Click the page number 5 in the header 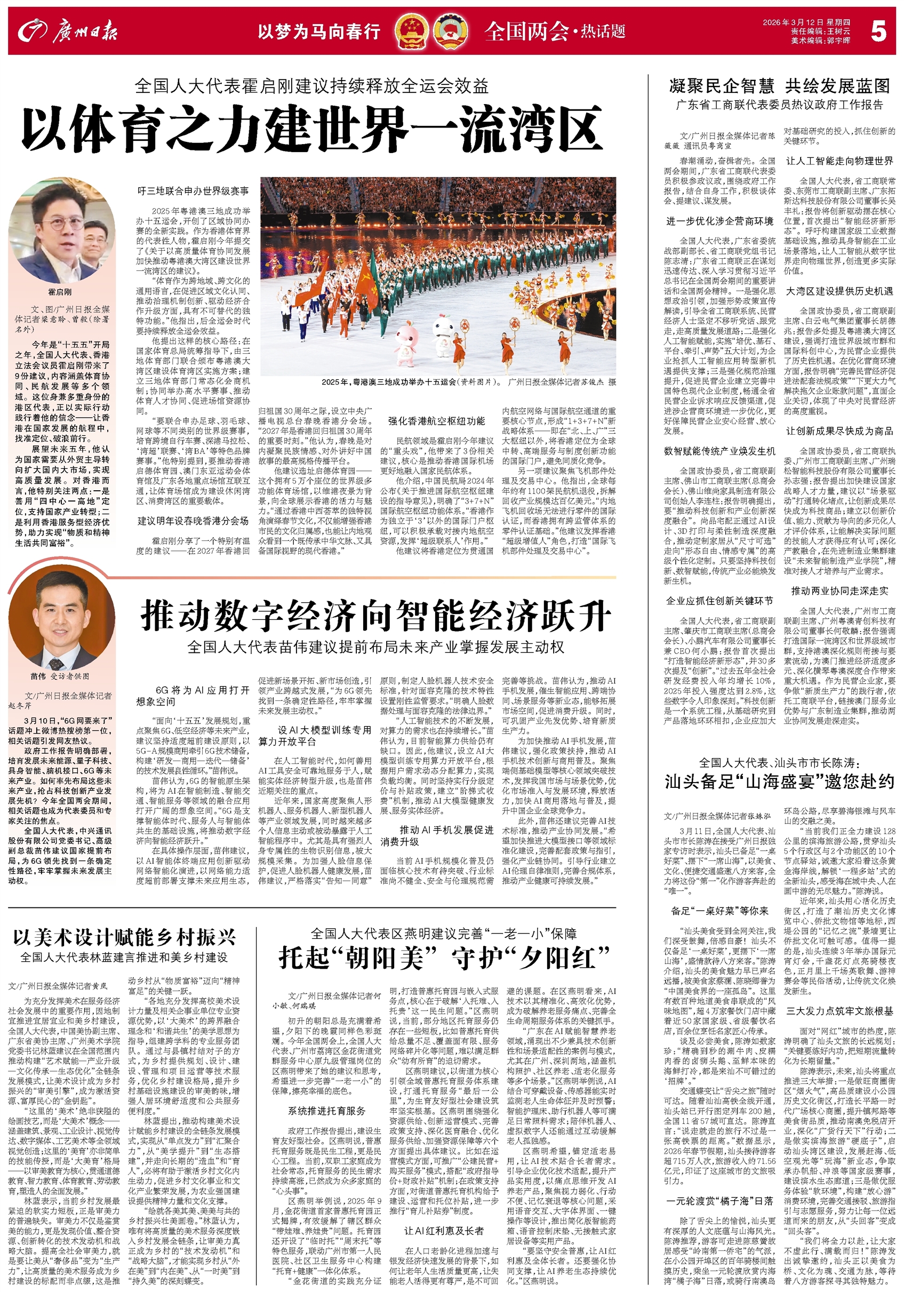pos(877,31)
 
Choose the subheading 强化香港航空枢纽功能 pos(436,421)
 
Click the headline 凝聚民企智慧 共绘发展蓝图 pos(779,85)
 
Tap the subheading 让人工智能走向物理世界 pos(839,161)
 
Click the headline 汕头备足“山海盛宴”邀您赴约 pos(779,781)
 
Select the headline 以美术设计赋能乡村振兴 pos(124,937)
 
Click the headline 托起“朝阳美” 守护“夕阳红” pos(444,958)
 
